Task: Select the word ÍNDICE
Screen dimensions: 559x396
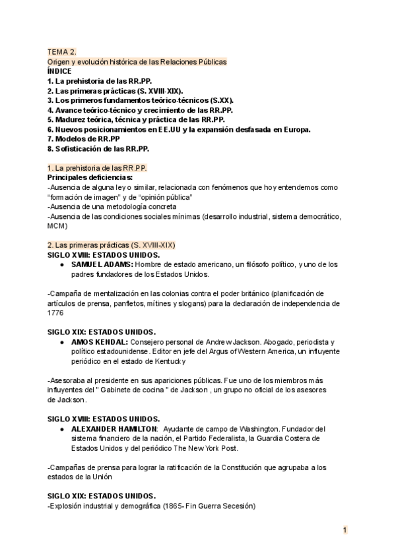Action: pyautogui.click(x=60, y=71)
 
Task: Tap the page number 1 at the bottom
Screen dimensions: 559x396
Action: pyautogui.click(x=345, y=529)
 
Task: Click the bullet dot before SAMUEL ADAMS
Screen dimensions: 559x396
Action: pyautogui.click(x=61, y=264)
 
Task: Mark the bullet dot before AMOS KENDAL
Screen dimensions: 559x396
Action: pyautogui.click(x=61, y=342)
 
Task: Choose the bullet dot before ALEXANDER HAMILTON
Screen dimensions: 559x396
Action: pyautogui.click(x=61, y=428)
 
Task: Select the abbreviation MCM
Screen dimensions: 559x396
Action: pyautogui.click(x=57, y=225)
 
